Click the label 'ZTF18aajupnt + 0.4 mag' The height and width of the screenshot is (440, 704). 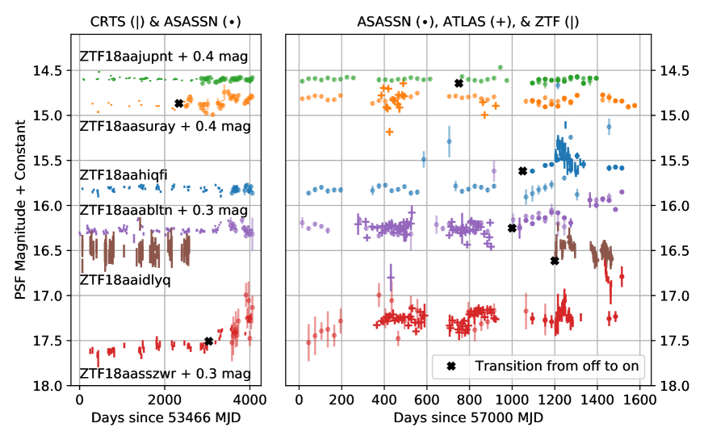pyautogui.click(x=163, y=56)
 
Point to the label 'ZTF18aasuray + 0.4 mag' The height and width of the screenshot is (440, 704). pyautogui.click(x=165, y=126)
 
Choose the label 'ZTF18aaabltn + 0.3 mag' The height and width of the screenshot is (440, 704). pyautogui.click(x=163, y=209)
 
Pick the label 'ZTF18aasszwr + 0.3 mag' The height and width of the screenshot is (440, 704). pyautogui.click(x=165, y=374)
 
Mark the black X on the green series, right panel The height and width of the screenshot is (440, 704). pyautogui.click(x=459, y=83)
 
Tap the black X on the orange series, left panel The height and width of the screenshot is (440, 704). pyautogui.click(x=178, y=103)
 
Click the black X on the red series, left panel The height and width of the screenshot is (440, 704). pyautogui.click(x=208, y=342)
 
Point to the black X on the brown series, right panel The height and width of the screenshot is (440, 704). pyautogui.click(x=555, y=260)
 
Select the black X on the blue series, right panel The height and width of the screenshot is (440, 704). pyautogui.click(x=522, y=171)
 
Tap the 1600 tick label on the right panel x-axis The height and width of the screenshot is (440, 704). pyautogui.click(x=639, y=399)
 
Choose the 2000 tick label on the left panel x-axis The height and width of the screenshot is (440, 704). pyautogui.click(x=165, y=399)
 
